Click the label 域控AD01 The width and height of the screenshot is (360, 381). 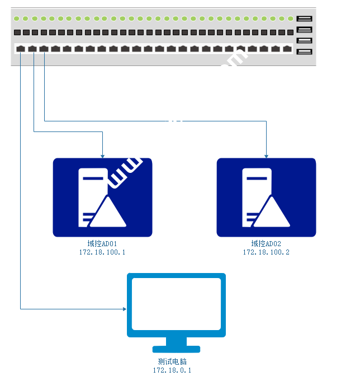tap(102, 244)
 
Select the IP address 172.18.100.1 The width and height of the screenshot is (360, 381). tap(102, 252)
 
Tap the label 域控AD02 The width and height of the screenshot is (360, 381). tap(266, 244)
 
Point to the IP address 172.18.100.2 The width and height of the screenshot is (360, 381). tap(266, 252)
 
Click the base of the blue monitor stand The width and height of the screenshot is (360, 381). tap(176, 349)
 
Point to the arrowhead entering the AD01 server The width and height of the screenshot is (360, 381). tap(102, 155)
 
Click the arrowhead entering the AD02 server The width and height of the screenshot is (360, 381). tap(266, 155)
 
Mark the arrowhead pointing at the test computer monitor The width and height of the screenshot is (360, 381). tap(124, 308)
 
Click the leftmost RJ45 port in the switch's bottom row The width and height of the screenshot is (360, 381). tap(20, 49)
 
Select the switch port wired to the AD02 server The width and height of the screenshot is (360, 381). tap(44, 49)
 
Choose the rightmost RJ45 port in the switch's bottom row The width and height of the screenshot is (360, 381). tap(287, 49)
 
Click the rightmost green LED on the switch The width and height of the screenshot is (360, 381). tap(290, 18)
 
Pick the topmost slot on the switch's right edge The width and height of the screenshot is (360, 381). tap(304, 19)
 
